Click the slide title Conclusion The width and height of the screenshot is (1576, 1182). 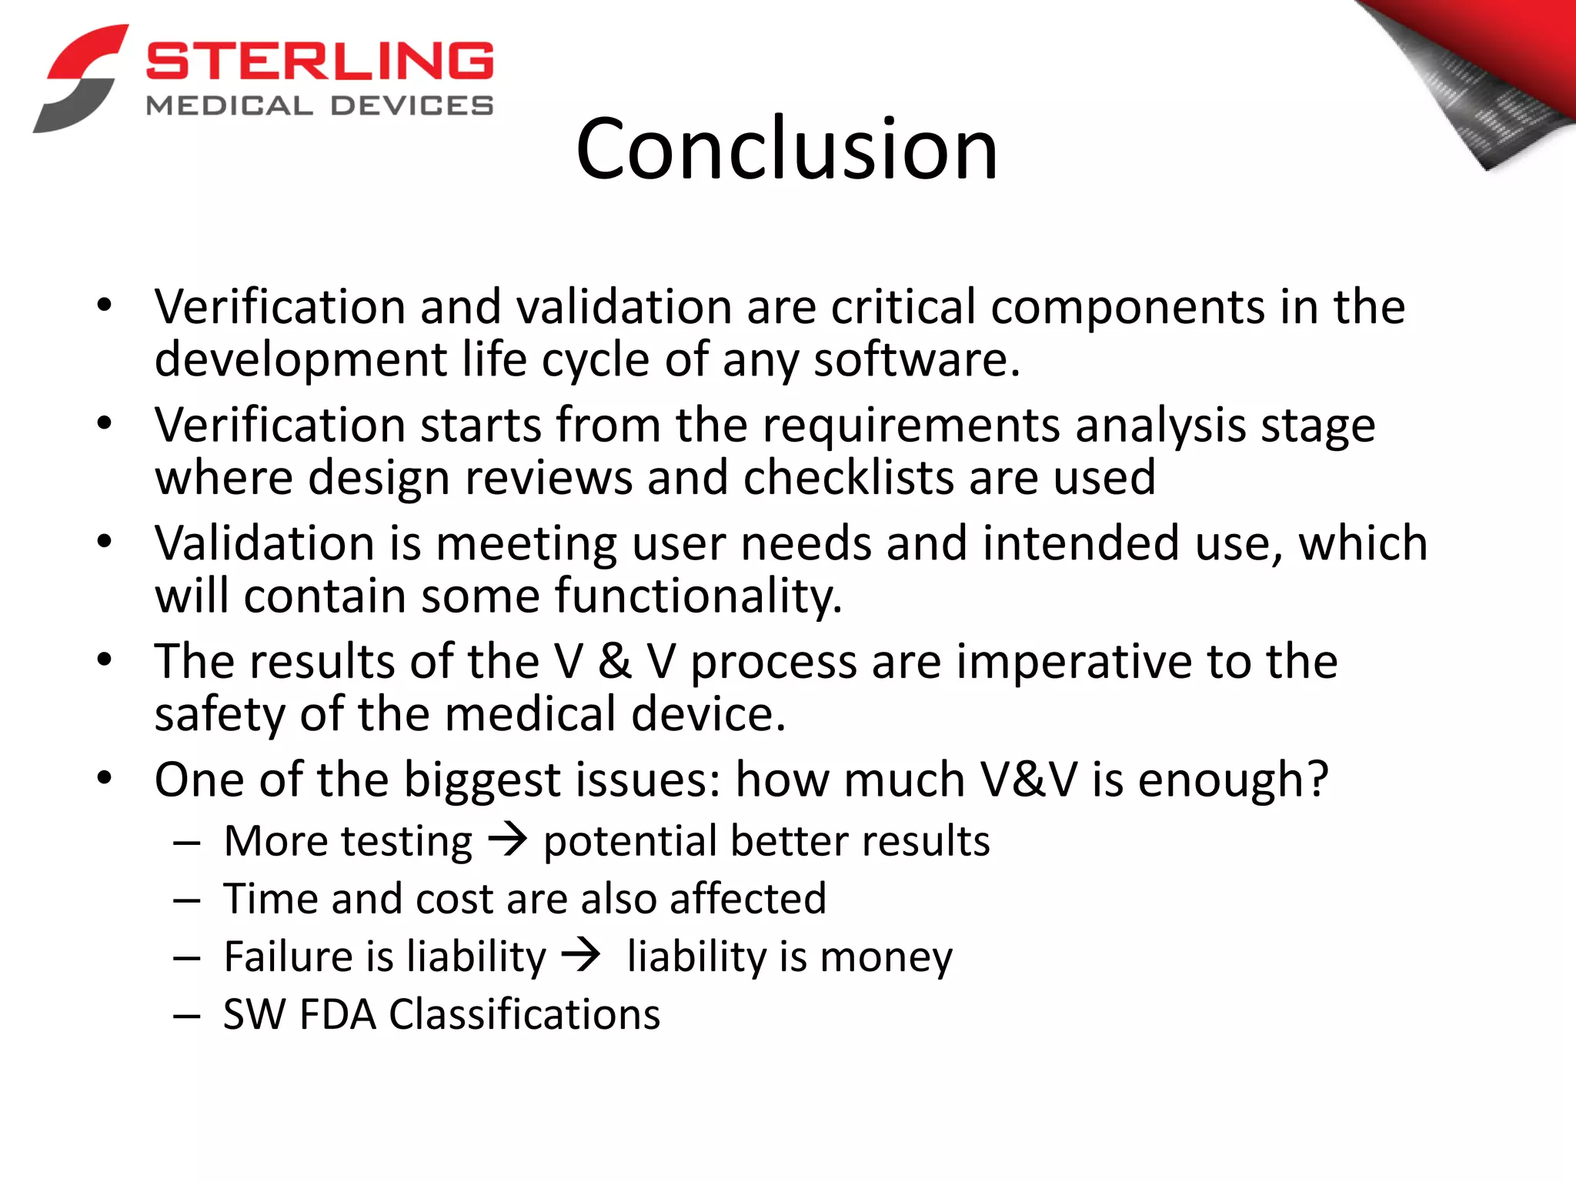pos(786,149)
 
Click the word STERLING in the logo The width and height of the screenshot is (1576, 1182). pos(319,62)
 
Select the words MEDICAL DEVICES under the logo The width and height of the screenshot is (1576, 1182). pos(319,106)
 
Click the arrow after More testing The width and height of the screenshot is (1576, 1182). pos(508,839)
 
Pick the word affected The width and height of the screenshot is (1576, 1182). pos(747,899)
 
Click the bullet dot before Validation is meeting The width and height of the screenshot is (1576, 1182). pos(105,542)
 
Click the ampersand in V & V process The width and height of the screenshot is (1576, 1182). pos(615,662)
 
